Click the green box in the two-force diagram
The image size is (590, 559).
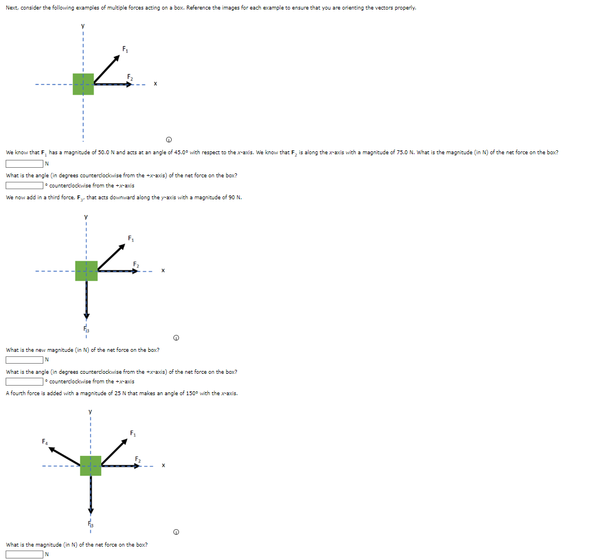(x=83, y=84)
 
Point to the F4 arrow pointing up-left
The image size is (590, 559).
(x=64, y=455)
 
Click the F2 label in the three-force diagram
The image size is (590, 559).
(x=136, y=264)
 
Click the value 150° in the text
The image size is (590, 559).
(x=199, y=393)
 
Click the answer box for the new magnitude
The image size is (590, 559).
(x=25, y=360)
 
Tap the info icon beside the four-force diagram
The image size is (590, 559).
(x=177, y=532)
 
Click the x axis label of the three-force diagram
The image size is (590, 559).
(x=162, y=270)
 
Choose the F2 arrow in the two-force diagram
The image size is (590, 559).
(x=113, y=84)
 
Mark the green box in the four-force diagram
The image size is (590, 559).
(x=91, y=466)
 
